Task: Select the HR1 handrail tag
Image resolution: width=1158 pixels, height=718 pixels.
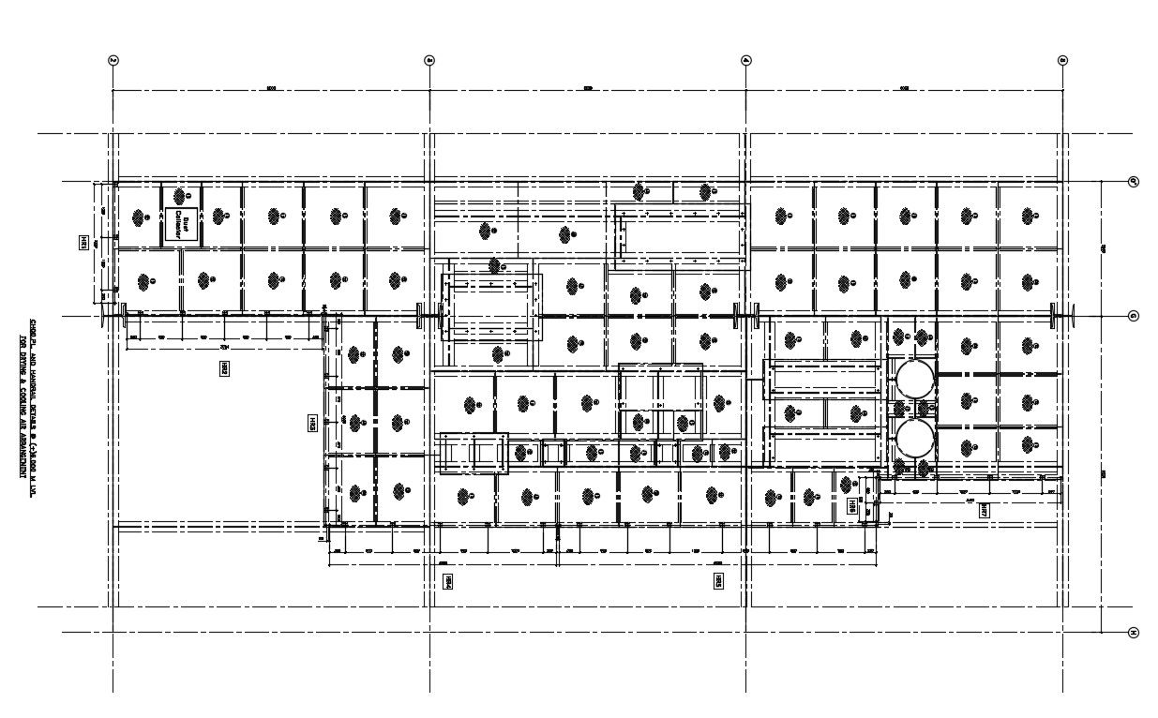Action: point(83,243)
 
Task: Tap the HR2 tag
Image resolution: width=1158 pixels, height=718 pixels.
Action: point(225,369)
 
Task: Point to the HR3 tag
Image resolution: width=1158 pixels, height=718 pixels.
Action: point(312,424)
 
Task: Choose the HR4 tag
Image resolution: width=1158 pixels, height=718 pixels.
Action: point(448,581)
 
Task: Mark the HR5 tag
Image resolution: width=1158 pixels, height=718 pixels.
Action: point(717,581)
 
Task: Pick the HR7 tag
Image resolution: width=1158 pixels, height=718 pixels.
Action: point(984,511)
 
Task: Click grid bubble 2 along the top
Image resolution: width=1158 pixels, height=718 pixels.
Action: point(113,61)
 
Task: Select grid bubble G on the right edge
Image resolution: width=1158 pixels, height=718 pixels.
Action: point(1133,316)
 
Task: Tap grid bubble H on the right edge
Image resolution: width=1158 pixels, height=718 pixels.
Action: point(1133,633)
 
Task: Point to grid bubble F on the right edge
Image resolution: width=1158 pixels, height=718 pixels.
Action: point(1133,182)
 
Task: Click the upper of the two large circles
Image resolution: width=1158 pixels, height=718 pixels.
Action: point(914,378)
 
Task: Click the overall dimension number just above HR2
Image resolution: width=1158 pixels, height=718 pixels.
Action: point(224,346)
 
